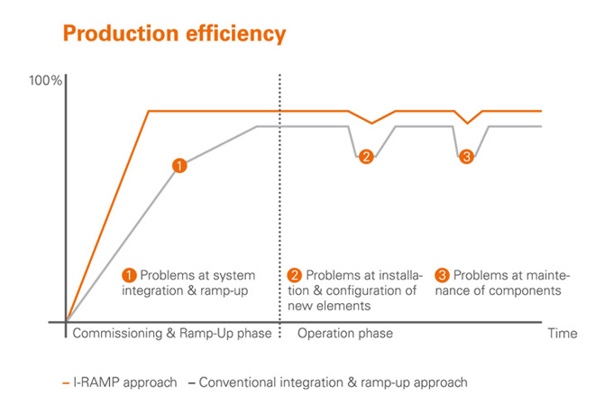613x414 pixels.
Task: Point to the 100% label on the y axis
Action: pyautogui.click(x=45, y=81)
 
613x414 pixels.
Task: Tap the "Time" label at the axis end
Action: pyautogui.click(x=563, y=334)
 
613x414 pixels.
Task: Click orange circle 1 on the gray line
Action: pyautogui.click(x=179, y=165)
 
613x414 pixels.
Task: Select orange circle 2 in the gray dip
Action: pyautogui.click(x=366, y=157)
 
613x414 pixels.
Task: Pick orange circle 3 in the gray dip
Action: pyautogui.click(x=466, y=157)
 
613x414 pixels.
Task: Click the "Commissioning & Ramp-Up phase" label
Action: pyautogui.click(x=171, y=334)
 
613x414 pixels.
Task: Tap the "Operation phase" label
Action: pyautogui.click(x=345, y=334)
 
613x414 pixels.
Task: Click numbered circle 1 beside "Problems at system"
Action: pyautogui.click(x=129, y=275)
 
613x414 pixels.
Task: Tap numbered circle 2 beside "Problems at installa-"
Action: pyautogui.click(x=295, y=275)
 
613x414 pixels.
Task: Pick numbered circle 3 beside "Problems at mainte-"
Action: pyautogui.click(x=442, y=275)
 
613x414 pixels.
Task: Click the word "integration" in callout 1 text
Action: pyautogui.click(x=156, y=291)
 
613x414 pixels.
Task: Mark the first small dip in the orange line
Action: pyautogui.click(x=371, y=123)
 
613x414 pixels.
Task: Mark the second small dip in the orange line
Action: pyautogui.click(x=466, y=123)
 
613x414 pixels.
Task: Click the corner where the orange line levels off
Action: pyautogui.click(x=149, y=111)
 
